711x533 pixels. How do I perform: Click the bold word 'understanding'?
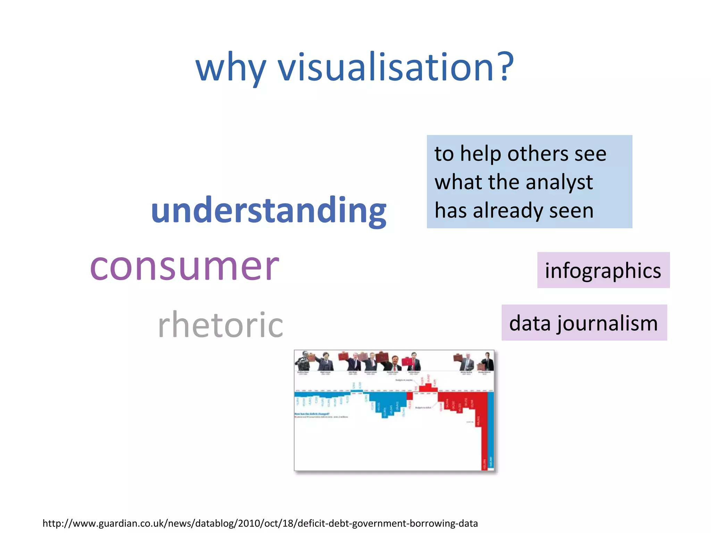268,210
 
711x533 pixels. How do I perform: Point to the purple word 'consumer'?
184,266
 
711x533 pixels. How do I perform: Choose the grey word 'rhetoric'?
220,324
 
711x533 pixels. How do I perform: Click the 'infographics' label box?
603,270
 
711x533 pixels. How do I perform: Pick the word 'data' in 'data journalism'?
530,323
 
